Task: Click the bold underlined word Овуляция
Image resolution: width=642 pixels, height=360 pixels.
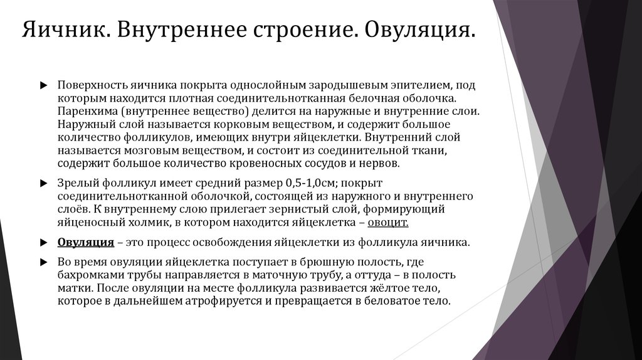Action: [85, 243]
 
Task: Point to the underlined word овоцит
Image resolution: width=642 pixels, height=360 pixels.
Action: [389, 222]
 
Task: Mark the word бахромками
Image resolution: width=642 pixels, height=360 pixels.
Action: [87, 275]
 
